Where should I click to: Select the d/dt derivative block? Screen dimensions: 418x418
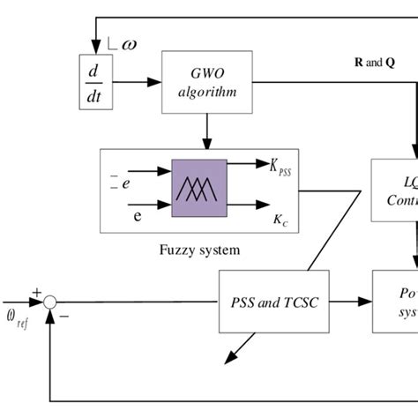point(93,82)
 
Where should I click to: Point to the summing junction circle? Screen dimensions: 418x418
point(50,302)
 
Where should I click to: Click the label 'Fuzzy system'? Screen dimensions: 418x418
point(199,250)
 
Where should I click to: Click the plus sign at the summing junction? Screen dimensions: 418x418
point(36,291)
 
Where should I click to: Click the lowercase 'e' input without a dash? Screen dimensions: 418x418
point(136,214)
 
